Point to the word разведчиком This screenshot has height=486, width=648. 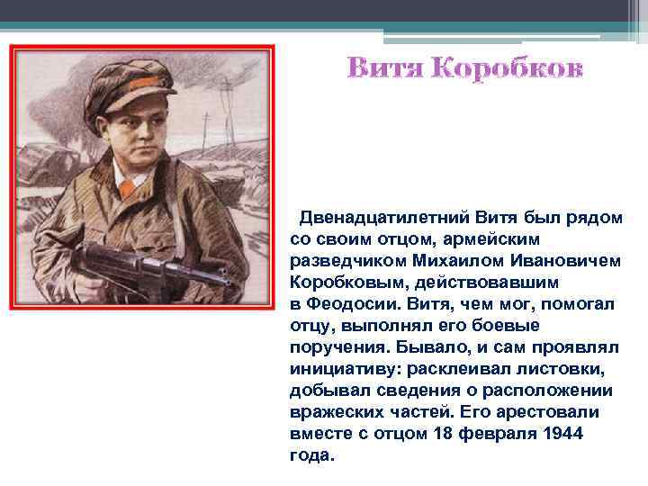(339, 261)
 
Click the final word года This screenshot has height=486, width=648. (311, 455)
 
